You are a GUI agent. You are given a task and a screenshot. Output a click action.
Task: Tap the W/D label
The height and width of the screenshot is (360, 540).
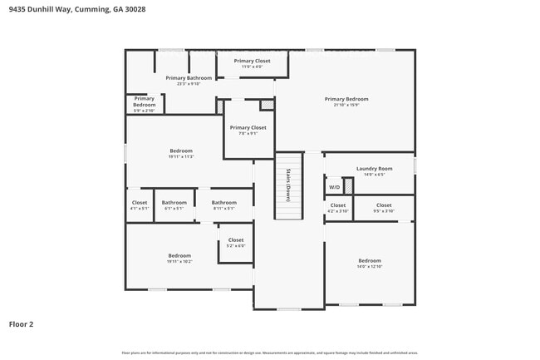tap(333, 188)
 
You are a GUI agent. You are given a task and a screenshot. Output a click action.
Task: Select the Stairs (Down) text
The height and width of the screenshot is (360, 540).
tap(287, 185)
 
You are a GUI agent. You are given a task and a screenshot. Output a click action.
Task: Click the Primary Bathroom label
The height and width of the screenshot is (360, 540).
tap(189, 78)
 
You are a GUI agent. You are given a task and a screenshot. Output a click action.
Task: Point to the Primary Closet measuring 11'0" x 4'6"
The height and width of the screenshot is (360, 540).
tap(252, 61)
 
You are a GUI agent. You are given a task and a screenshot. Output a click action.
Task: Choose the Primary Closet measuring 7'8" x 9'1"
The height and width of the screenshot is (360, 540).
tap(248, 128)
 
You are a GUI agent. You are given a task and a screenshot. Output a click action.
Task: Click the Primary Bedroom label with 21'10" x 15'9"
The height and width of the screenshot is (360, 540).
tap(346, 99)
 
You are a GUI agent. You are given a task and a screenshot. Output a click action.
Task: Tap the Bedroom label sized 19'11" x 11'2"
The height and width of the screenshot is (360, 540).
tap(180, 151)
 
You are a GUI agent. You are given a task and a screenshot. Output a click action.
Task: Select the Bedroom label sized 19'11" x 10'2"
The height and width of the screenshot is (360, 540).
tap(179, 256)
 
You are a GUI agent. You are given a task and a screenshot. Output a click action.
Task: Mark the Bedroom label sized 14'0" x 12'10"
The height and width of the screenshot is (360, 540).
tap(370, 261)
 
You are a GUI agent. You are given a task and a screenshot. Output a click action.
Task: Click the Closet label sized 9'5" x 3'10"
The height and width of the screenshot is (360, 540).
tap(383, 205)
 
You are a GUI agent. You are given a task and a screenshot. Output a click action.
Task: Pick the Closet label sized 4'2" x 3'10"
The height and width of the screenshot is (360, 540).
tap(337, 205)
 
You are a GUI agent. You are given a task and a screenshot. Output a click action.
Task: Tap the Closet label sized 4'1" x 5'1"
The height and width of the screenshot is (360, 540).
tap(140, 203)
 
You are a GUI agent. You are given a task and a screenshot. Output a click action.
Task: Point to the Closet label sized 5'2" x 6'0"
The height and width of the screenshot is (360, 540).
tap(236, 240)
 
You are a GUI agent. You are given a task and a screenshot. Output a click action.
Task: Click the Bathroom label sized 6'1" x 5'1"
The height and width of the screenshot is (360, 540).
tap(174, 203)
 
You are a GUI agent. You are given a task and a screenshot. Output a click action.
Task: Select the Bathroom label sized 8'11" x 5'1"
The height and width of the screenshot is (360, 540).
tap(223, 203)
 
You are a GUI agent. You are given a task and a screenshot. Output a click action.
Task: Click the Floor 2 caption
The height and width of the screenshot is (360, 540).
tap(21, 323)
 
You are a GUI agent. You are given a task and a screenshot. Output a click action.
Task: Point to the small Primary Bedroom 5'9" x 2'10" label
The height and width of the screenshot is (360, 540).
tap(145, 101)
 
